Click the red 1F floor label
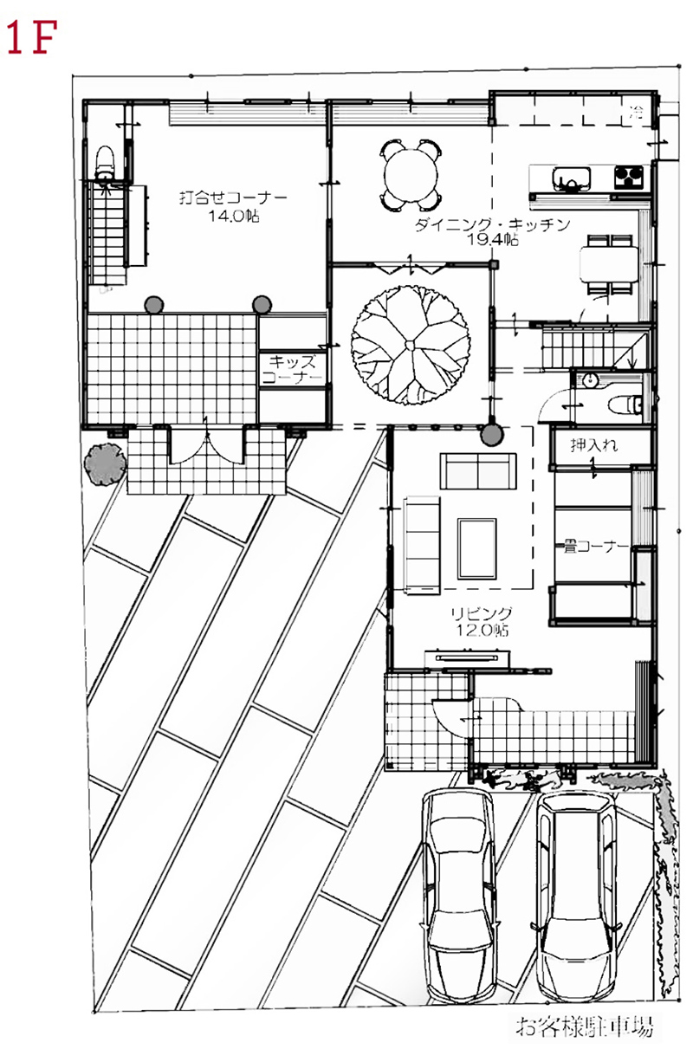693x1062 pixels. (31, 37)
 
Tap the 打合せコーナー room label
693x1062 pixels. (233, 197)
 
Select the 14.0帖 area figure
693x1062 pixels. (234, 217)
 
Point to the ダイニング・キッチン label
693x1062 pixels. (492, 223)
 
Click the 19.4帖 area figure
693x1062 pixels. (493, 240)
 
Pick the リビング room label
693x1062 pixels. (481, 613)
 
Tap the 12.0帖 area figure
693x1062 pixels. (482, 630)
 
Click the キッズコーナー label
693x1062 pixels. (292, 370)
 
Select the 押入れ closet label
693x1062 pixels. (593, 445)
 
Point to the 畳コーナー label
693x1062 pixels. (595, 547)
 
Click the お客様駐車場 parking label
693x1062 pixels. (584, 1026)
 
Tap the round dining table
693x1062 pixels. (411, 176)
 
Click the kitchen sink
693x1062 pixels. (572, 179)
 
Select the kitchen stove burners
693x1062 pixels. (629, 177)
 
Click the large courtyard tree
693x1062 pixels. (411, 345)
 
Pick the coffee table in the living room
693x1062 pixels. (476, 548)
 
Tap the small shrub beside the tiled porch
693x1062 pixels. (105, 464)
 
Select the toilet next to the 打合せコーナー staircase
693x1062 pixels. (105, 163)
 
